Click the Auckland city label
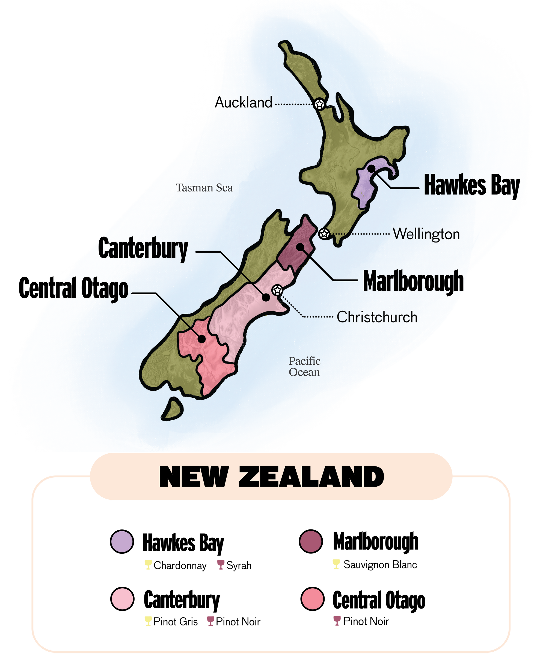(244, 103)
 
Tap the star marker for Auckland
(319, 104)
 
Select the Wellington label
(426, 234)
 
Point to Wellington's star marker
(324, 234)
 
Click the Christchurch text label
(377, 317)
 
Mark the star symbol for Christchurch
(277, 290)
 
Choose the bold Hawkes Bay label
(471, 186)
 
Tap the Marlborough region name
(413, 281)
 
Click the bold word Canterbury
(143, 249)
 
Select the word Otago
(105, 289)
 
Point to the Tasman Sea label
(204, 188)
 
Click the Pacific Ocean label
(304, 366)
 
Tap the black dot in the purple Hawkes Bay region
(372, 169)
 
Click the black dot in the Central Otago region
(201, 339)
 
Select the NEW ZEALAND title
(271, 477)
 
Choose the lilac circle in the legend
(122, 541)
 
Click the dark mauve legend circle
(311, 541)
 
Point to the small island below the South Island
(173, 409)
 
